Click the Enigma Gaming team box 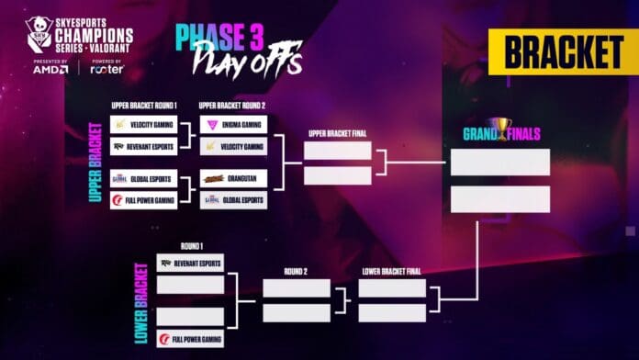click(233, 124)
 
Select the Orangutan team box click(233, 178)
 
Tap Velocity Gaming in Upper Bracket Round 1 click(143, 124)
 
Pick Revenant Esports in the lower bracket click(190, 263)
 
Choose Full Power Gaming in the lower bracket click(190, 338)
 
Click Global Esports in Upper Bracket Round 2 click(233, 199)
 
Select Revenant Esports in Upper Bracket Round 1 click(143, 146)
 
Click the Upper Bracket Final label click(337, 133)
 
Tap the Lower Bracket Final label click(391, 272)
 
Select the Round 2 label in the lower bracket click(296, 272)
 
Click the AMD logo click(50, 69)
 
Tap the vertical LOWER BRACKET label click(141, 303)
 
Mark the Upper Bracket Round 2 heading click(233, 106)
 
